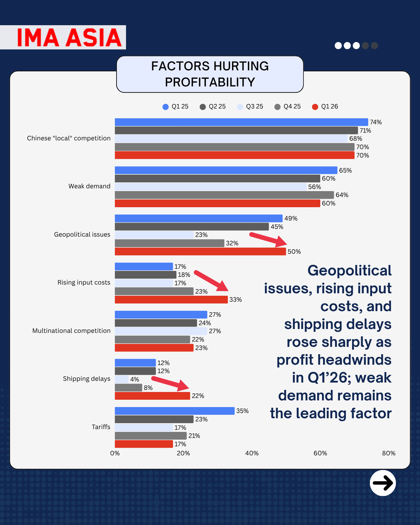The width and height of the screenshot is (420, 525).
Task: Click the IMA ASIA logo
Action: tap(69, 37)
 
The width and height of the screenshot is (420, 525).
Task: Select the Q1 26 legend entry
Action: tap(325, 106)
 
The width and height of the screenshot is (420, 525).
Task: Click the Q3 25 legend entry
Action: tap(250, 106)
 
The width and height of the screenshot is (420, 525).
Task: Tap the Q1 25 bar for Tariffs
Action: tap(174, 411)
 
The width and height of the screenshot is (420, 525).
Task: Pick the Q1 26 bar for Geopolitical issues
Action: tap(200, 252)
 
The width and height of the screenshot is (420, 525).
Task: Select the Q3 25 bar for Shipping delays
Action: tap(121, 379)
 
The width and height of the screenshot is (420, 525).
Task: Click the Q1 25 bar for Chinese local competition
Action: tap(241, 122)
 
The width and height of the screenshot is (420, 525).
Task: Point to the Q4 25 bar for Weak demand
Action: tap(224, 195)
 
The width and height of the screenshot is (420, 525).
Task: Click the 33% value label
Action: tap(236, 300)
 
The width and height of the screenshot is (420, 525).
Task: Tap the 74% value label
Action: tap(376, 122)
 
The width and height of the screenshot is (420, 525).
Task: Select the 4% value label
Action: tap(135, 379)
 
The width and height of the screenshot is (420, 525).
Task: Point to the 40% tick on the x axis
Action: tap(252, 453)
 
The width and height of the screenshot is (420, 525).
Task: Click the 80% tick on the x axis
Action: tap(388, 453)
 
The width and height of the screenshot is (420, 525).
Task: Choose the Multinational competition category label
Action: tap(71, 331)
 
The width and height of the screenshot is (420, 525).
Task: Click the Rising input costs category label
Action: tap(84, 282)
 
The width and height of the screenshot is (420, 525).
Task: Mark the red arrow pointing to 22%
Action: tap(171, 384)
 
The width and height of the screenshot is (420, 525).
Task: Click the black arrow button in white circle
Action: tap(383, 483)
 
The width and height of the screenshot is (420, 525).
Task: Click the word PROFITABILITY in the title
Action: tap(210, 82)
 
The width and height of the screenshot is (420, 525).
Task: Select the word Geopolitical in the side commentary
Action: tap(349, 271)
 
